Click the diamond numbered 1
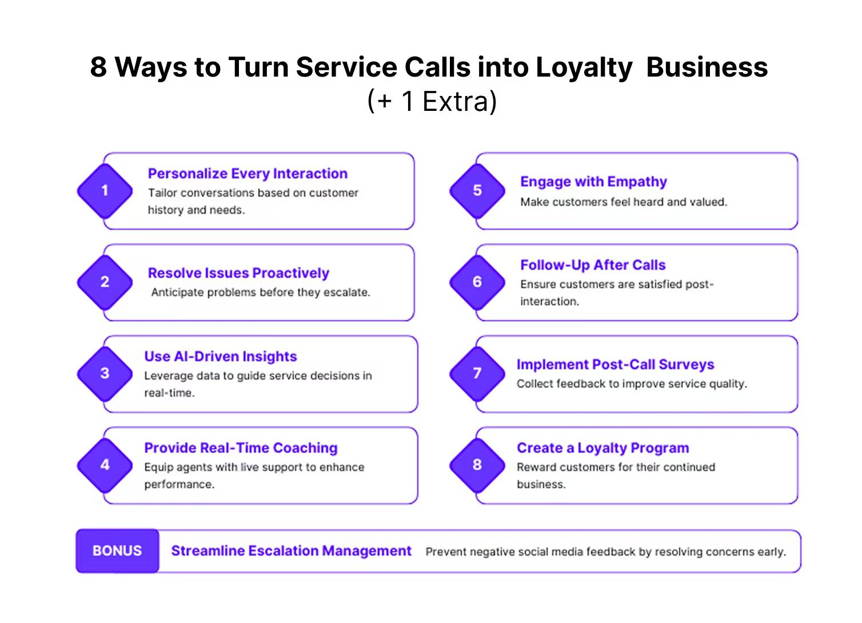105,191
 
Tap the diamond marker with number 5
477,191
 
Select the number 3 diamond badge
105,374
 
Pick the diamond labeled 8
477,465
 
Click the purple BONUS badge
117,550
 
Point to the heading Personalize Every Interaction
248,174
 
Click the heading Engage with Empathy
593,182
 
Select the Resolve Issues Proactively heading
238,273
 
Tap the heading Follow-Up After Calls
593,265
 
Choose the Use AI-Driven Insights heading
221,356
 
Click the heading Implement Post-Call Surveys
615,365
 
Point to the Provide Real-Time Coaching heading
241,448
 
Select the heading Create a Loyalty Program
602,448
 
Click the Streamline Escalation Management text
292,550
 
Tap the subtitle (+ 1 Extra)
432,101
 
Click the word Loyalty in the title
584,67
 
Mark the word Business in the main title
707,67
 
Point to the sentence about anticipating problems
261,293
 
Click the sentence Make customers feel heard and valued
624,202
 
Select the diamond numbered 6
477,282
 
